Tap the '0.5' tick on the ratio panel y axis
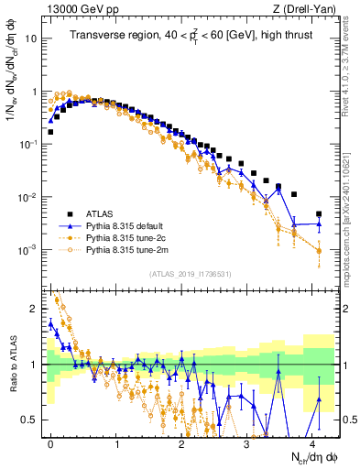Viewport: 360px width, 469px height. click(x=30, y=420)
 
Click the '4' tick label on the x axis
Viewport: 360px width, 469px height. click(x=311, y=442)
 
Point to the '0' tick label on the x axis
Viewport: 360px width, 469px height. click(x=50, y=442)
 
